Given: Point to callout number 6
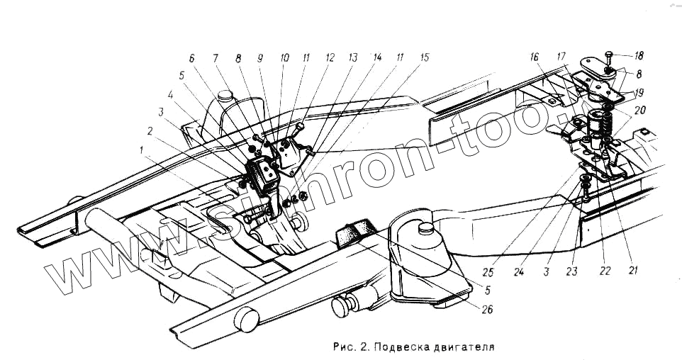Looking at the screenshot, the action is click(191, 59).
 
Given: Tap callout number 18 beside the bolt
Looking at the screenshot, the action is click(639, 55).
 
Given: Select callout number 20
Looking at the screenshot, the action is click(639, 111).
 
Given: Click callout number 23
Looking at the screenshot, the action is click(573, 271).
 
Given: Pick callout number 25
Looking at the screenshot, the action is click(488, 270).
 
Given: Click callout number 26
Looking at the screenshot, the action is click(486, 309).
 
